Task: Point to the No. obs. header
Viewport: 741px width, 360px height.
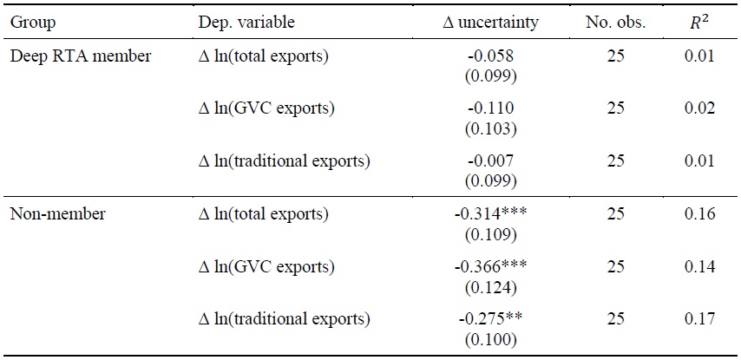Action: (x=616, y=23)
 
